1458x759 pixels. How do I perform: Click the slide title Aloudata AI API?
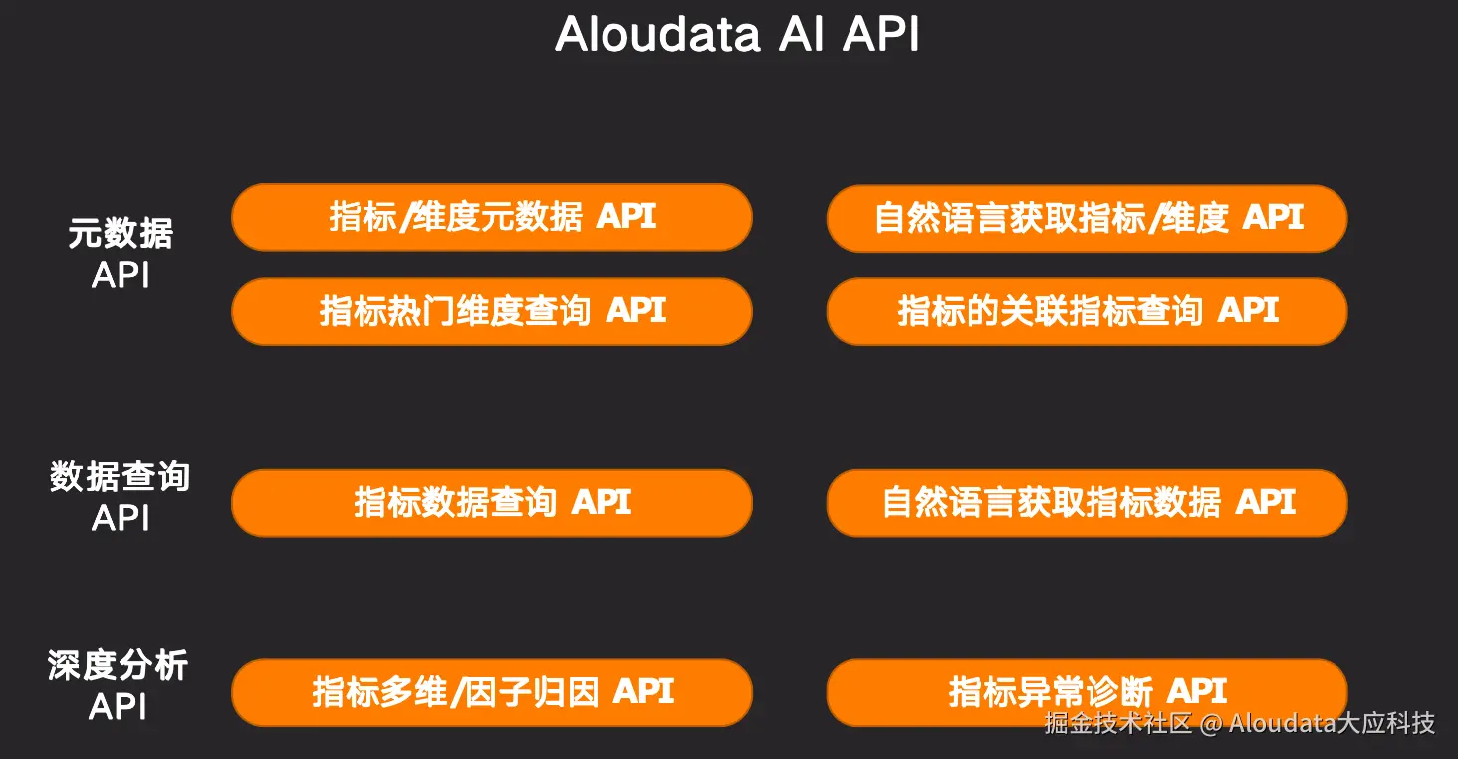click(x=737, y=35)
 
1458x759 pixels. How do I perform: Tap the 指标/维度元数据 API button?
click(x=492, y=217)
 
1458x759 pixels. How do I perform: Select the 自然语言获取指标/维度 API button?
click(x=1087, y=218)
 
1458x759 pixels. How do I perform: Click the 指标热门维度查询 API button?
click(x=492, y=311)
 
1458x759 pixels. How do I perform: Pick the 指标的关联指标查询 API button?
click(x=1087, y=311)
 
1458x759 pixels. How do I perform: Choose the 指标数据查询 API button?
click(x=492, y=502)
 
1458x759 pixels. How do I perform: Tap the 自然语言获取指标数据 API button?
click(x=1087, y=502)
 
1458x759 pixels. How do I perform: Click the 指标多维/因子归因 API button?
click(x=492, y=692)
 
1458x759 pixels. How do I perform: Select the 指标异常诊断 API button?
click(x=1087, y=692)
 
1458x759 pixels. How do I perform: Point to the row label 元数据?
click(x=121, y=234)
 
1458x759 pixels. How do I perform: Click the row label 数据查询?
click(x=120, y=477)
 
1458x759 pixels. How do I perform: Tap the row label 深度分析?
click(x=119, y=666)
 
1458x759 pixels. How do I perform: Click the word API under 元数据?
click(x=121, y=275)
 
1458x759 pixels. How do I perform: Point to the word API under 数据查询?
click(x=121, y=518)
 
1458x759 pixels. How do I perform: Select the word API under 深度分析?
click(x=119, y=706)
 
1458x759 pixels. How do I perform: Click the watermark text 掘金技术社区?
click(x=1117, y=723)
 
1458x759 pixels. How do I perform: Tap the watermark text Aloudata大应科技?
click(x=1332, y=723)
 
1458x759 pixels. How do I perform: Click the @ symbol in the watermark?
click(x=1210, y=724)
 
